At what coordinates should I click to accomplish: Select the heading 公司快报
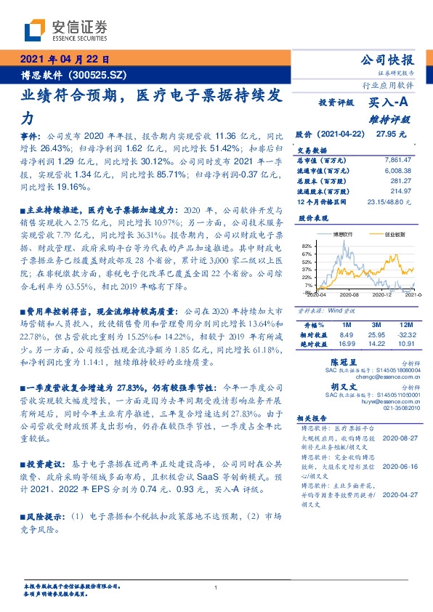pyautogui.click(x=392, y=60)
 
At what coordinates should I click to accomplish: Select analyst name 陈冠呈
pyautogui.click(x=342, y=361)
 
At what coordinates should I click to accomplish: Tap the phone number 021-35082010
pyautogui.click(x=400, y=408)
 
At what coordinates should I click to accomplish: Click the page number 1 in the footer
pyautogui.click(x=216, y=587)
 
